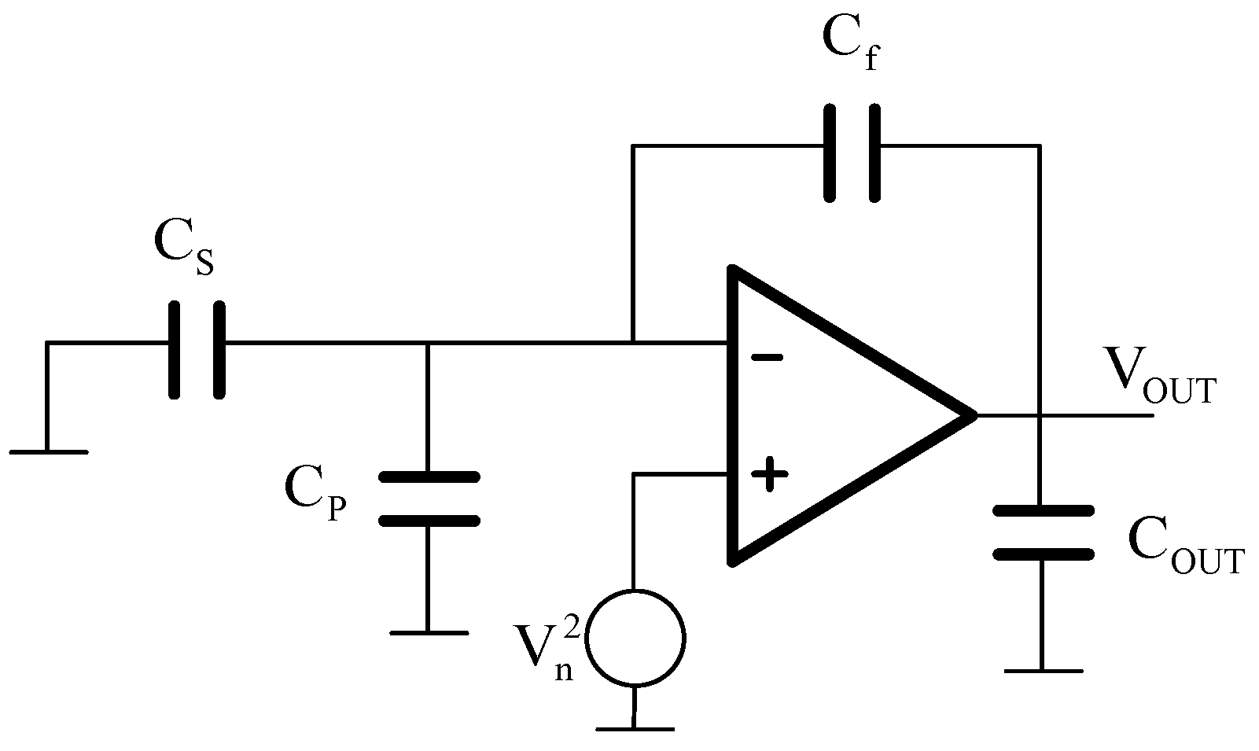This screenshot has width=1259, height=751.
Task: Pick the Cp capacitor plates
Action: pos(429,499)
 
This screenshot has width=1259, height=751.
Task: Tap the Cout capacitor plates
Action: pos(1043,532)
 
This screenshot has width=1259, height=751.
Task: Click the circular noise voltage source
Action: pos(637,637)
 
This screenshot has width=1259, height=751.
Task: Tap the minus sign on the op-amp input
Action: pos(766,358)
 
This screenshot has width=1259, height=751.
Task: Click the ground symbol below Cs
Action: pos(49,451)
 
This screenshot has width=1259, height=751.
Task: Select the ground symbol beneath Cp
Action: pos(429,631)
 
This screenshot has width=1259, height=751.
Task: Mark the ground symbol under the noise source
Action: pos(635,728)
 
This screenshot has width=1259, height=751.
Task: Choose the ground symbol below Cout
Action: pos(1043,670)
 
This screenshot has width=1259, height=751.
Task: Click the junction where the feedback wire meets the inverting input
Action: pos(633,343)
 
